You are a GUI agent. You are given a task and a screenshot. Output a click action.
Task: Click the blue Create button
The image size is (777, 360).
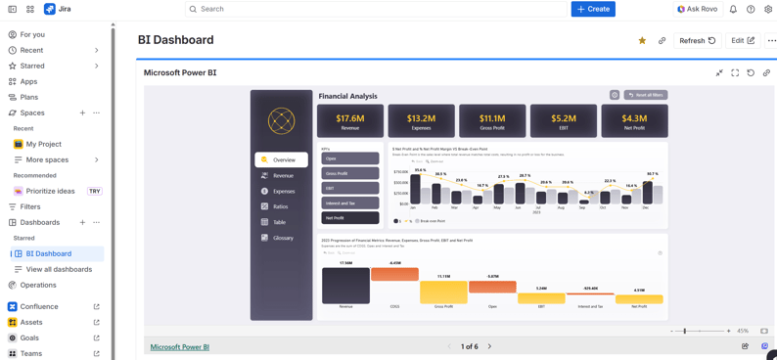pyautogui.click(x=593, y=9)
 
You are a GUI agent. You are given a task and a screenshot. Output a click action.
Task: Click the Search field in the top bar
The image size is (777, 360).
pyautogui.click(x=372, y=9)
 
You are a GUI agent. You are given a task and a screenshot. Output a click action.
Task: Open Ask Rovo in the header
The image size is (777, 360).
pyautogui.click(x=697, y=9)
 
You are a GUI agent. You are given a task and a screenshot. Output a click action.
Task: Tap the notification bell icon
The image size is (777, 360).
pyautogui.click(x=733, y=9)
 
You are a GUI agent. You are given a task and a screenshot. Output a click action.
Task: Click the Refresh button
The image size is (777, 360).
pyautogui.click(x=698, y=41)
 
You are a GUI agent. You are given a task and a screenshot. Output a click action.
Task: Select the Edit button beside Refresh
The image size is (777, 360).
pyautogui.click(x=743, y=41)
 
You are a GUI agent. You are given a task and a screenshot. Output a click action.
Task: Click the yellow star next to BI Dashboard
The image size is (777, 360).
pyautogui.click(x=642, y=41)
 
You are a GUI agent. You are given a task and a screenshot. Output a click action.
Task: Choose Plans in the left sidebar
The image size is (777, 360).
pyautogui.click(x=29, y=97)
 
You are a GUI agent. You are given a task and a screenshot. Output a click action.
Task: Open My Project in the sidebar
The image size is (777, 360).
pyautogui.click(x=43, y=144)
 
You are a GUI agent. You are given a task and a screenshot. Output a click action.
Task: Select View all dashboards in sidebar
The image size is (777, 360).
pyautogui.click(x=59, y=269)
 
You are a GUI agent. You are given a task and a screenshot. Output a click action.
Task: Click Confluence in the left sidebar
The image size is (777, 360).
pyautogui.click(x=39, y=306)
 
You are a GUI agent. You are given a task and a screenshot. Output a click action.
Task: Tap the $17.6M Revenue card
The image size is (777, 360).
pyautogui.click(x=350, y=120)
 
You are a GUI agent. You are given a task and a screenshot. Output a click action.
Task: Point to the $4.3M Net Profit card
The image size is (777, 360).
pyautogui.click(x=634, y=120)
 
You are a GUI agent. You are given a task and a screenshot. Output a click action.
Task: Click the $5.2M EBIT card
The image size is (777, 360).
pyautogui.click(x=563, y=120)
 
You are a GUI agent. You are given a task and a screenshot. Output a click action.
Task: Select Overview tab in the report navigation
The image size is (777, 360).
pyautogui.click(x=282, y=159)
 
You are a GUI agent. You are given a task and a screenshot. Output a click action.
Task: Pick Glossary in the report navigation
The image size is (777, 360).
pyautogui.click(x=282, y=238)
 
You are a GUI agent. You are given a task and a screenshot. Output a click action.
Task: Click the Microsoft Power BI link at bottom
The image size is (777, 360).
pyautogui.click(x=179, y=346)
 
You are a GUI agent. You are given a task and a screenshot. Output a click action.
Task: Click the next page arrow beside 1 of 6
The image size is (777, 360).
pyautogui.click(x=489, y=346)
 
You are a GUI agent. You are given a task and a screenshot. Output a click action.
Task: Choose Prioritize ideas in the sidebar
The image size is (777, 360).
pyautogui.click(x=50, y=191)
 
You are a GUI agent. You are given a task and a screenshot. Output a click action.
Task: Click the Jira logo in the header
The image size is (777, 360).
pyautogui.click(x=57, y=9)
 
